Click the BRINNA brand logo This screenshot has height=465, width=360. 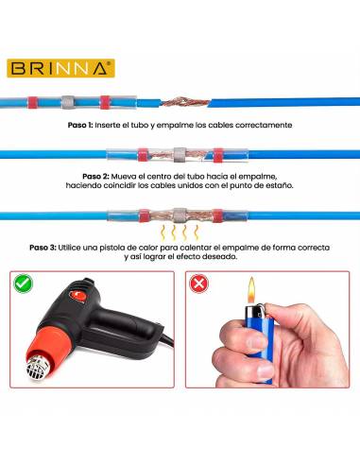[x=61, y=68]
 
